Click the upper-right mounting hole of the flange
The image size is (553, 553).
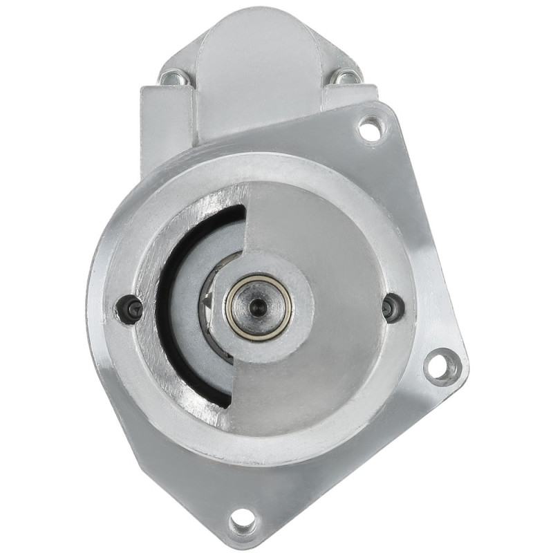[371, 129]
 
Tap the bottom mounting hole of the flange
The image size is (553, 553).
[243, 521]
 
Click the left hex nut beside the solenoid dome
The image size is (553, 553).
[170, 78]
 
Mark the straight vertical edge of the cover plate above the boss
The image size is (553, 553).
[247, 221]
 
